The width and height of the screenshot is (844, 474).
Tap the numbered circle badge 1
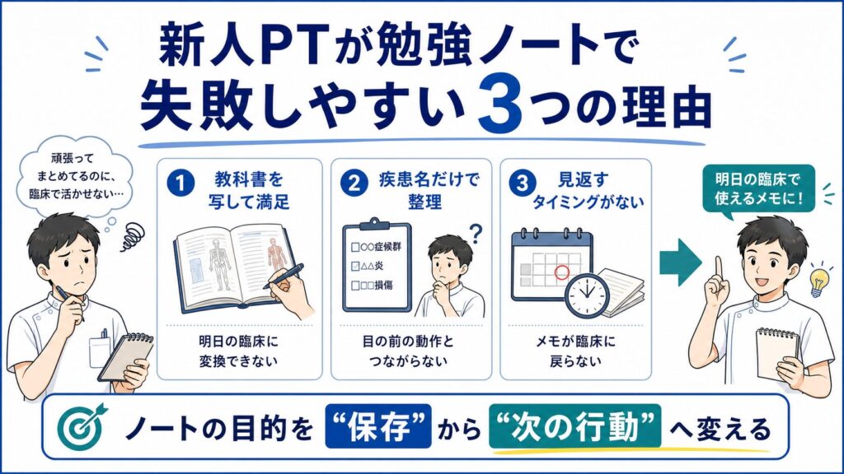click(181, 184)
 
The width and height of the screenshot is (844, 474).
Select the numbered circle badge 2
click(354, 184)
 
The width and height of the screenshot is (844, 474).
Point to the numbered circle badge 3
click(522, 184)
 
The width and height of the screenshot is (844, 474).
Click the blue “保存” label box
click(378, 426)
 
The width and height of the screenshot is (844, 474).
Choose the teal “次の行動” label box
click(574, 426)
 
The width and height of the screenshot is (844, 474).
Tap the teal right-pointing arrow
click(681, 263)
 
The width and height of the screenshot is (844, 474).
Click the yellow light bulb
click(819, 281)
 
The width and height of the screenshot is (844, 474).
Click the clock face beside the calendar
click(587, 295)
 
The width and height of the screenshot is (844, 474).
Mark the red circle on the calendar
click(561, 272)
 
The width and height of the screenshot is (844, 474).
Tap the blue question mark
click(476, 233)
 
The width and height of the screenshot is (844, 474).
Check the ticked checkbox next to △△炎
click(355, 266)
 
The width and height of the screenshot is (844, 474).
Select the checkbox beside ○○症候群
click(355, 247)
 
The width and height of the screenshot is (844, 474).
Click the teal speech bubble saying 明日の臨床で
click(758, 191)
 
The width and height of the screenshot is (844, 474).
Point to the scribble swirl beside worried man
click(133, 238)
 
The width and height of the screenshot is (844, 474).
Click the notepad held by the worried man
click(126, 356)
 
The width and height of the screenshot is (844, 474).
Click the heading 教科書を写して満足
click(248, 190)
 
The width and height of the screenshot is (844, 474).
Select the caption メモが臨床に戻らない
click(575, 351)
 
